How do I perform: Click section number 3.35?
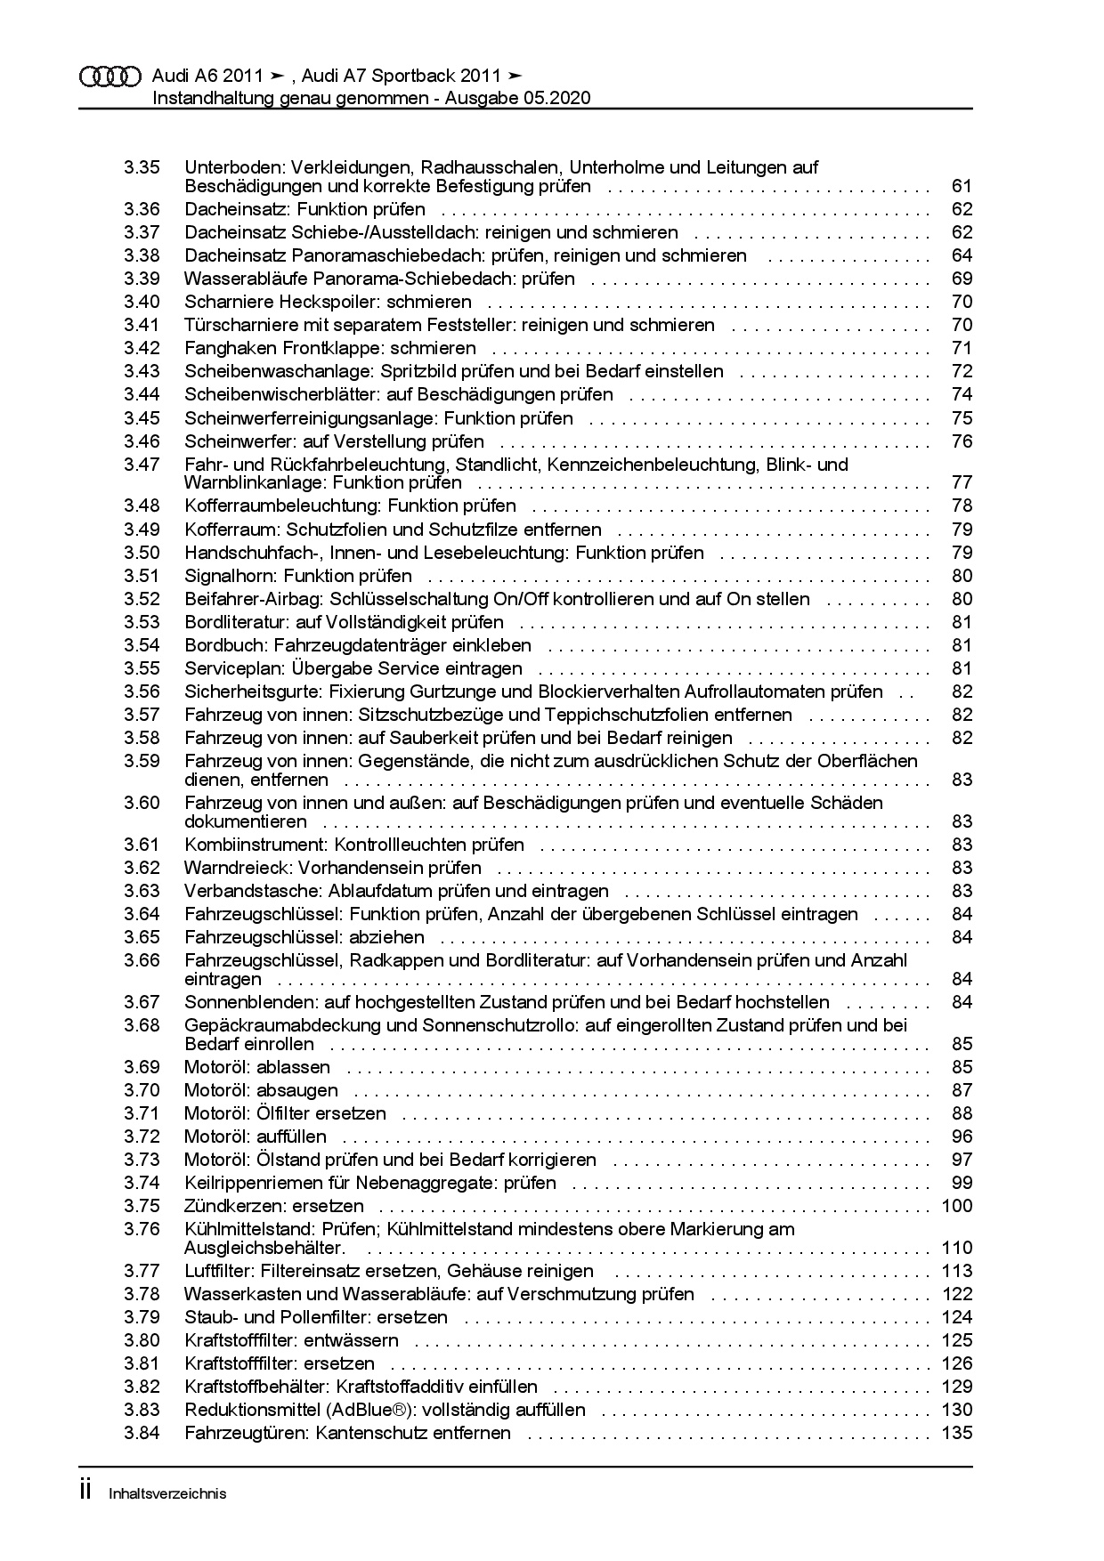[142, 167]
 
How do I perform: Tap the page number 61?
[962, 186]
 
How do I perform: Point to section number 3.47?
[142, 465]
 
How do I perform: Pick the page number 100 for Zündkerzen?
[957, 1206]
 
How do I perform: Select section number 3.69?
[142, 1067]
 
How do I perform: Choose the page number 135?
[957, 1433]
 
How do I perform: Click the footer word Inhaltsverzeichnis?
[167, 1493]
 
